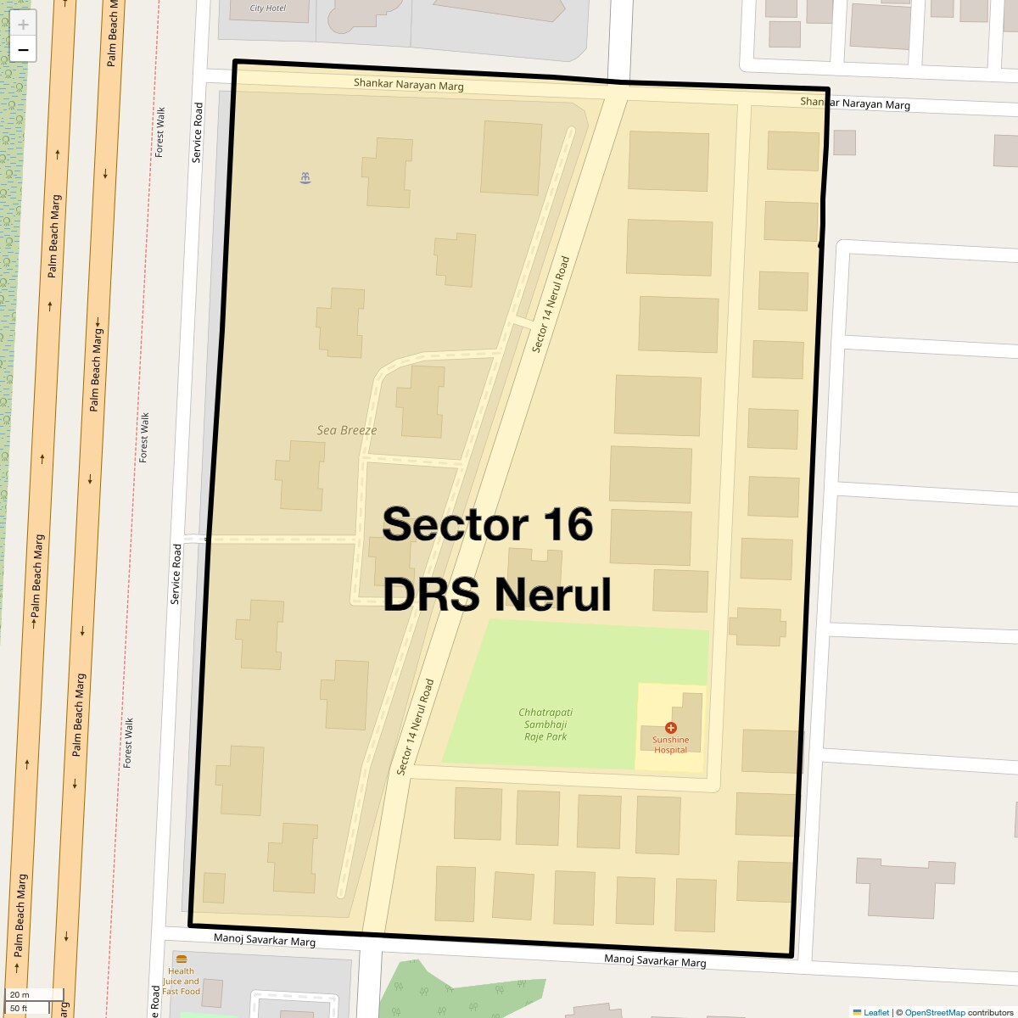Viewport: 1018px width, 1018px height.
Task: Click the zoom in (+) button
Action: click(23, 25)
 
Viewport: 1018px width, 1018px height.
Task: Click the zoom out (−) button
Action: click(23, 50)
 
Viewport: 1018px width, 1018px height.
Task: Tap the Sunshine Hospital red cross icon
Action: click(671, 728)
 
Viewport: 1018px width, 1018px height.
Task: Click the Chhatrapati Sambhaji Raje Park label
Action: click(545, 724)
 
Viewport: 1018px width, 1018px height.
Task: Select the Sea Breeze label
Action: click(346, 430)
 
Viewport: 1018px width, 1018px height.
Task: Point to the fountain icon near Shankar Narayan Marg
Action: click(305, 178)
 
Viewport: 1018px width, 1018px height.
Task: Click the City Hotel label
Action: click(268, 8)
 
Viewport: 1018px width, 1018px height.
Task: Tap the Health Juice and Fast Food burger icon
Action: click(181, 959)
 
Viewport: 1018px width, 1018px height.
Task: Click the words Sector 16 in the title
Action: click(487, 524)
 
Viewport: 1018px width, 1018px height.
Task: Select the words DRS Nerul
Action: click(497, 595)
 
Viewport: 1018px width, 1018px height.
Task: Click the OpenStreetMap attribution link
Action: click(934, 1012)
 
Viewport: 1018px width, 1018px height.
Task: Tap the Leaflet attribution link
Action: click(875, 1012)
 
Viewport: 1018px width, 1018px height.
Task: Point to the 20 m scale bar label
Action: click(20, 995)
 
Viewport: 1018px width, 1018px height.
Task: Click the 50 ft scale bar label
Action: click(20, 1009)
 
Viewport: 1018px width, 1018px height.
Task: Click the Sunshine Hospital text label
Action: click(670, 745)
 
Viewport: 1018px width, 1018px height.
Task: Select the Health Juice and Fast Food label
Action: click(181, 982)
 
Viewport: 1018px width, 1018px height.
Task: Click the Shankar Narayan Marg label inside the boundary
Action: click(408, 84)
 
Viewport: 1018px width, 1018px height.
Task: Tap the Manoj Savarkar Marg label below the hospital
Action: click(655, 960)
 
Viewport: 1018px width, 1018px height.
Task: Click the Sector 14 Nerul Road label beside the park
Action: click(416, 726)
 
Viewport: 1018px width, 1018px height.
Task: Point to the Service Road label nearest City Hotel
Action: click(198, 132)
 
